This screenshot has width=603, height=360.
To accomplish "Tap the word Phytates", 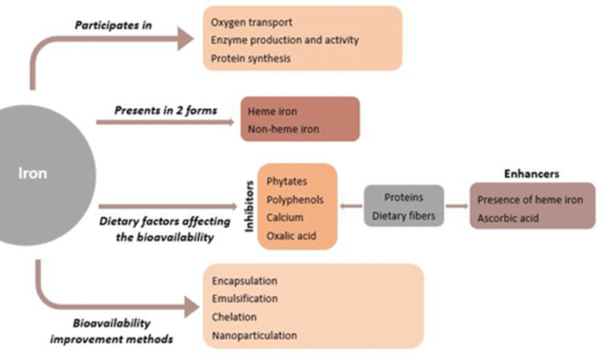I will (287, 180).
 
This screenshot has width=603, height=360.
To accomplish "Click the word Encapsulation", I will (244, 281).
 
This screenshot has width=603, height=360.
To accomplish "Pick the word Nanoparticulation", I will (253, 335).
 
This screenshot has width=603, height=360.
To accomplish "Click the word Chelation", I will (235, 318).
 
